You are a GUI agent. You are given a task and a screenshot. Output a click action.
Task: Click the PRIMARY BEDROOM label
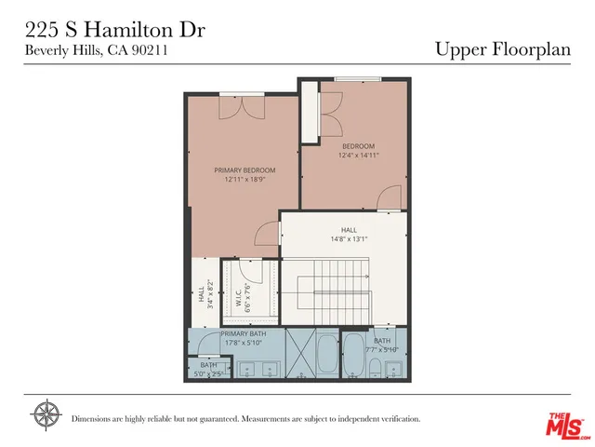pyautogui.click(x=245, y=170)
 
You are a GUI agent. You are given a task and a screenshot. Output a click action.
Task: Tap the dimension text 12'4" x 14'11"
pyautogui.click(x=358, y=156)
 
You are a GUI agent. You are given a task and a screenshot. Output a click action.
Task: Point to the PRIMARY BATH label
pyautogui.click(x=244, y=333)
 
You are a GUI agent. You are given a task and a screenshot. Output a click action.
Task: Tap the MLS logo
pyautogui.click(x=565, y=424)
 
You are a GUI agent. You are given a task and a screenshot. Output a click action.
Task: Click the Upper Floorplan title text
pyautogui.click(x=502, y=49)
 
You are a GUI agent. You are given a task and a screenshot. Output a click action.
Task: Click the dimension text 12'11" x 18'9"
pyautogui.click(x=245, y=180)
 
